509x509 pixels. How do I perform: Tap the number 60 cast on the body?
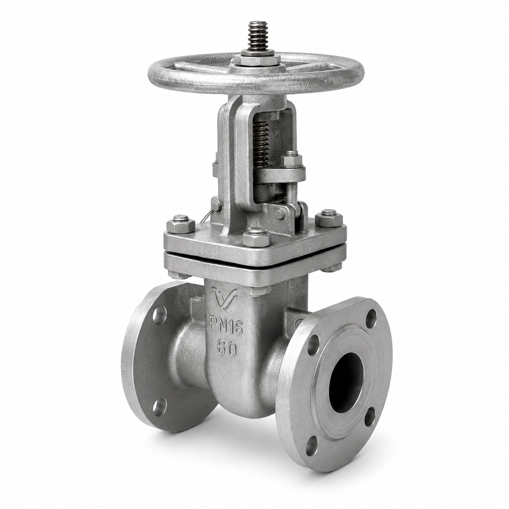click(x=226, y=349)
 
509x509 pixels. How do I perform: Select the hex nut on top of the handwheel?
click(x=257, y=60)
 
